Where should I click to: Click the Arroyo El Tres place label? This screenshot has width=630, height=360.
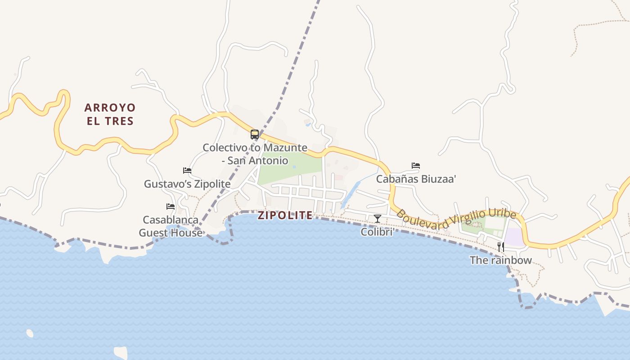point(110,114)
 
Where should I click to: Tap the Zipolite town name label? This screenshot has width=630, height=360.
point(285,216)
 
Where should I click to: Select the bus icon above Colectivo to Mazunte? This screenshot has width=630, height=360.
point(255,134)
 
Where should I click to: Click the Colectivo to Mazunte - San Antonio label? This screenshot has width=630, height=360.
point(255,154)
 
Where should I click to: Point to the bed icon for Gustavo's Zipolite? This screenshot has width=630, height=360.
point(187,171)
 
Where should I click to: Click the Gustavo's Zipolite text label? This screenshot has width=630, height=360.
point(187,184)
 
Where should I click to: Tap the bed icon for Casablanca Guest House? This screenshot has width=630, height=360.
point(171,207)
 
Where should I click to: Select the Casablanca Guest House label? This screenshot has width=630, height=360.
point(171,226)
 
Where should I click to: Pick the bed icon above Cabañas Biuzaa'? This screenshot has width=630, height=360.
point(416,166)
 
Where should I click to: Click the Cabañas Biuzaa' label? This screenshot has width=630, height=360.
point(416,179)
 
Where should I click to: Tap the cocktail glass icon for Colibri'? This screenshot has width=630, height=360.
point(378,219)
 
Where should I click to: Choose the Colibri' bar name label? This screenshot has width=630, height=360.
point(378,232)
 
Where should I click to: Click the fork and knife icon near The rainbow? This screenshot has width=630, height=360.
point(500,247)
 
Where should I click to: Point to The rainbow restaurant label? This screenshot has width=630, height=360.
point(501,260)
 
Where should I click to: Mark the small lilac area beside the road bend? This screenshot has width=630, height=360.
point(514,237)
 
